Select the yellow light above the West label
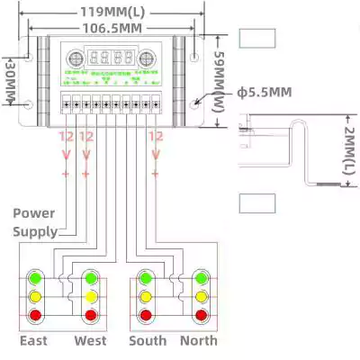click(x=90, y=295)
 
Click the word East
click(x=34, y=341)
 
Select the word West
click(x=90, y=341)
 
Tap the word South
click(x=148, y=341)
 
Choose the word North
click(x=199, y=341)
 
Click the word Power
click(x=34, y=214)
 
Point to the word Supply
click(x=34, y=231)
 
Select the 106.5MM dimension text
click(x=112, y=29)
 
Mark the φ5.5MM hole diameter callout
click(x=265, y=93)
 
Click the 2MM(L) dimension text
click(x=348, y=150)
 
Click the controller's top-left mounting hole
click(x=29, y=56)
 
